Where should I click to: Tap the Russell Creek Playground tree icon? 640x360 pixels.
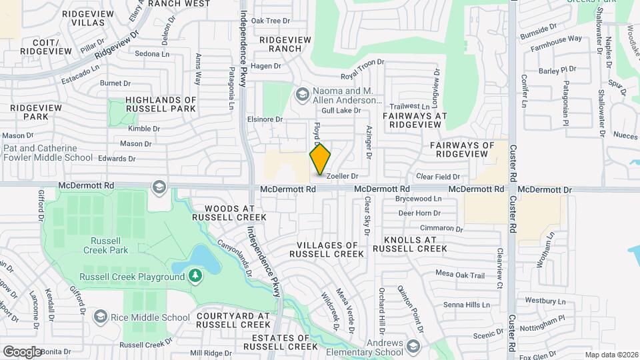click(195, 275)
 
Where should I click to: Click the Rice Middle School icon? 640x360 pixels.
click(101, 316)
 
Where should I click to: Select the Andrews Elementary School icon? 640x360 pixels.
click(413, 346)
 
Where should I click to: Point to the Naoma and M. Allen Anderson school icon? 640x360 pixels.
click(302, 95)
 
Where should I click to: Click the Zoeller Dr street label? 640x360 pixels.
click(342, 176)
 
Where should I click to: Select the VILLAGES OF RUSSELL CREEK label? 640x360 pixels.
click(327, 249)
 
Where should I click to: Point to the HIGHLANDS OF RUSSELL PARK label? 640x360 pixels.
click(161, 104)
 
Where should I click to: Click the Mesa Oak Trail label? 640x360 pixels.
click(459, 274)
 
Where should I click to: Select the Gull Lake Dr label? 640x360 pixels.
click(341, 110)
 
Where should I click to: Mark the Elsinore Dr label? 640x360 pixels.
click(261, 119)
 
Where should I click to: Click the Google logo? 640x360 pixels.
click(22, 351)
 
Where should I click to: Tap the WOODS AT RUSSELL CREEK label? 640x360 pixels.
click(229, 212)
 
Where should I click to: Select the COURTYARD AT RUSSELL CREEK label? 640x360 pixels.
click(228, 320)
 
